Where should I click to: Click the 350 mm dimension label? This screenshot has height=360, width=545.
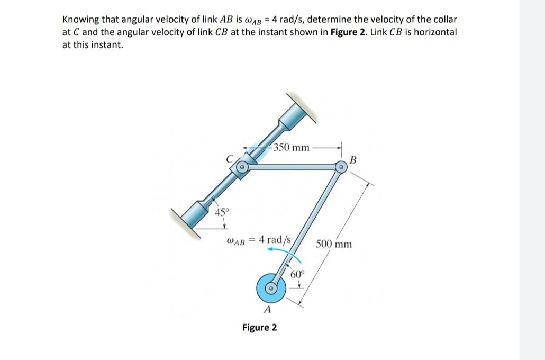(x=292, y=147)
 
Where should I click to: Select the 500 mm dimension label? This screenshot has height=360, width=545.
(x=334, y=244)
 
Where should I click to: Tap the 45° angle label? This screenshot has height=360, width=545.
(x=222, y=213)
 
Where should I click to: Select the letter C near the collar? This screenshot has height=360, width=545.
(x=229, y=157)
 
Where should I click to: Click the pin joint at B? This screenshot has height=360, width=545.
(x=342, y=168)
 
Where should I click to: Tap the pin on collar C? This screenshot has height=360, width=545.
(x=241, y=168)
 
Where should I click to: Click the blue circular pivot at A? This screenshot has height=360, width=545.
(x=271, y=288)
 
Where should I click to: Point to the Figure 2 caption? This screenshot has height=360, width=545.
(x=259, y=327)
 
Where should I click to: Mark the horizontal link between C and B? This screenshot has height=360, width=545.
(x=291, y=168)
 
